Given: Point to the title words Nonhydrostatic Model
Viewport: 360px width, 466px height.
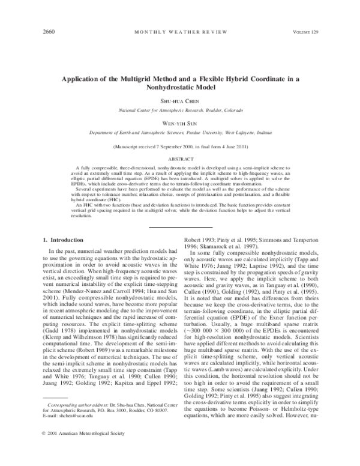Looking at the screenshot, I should [x=180, y=87].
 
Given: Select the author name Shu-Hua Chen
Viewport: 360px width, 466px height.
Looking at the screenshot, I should [x=180, y=101].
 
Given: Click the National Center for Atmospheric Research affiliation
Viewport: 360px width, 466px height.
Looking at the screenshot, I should [x=180, y=111].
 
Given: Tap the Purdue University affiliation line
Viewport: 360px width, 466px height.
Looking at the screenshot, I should [x=180, y=133].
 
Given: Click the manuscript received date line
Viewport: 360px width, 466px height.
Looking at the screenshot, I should [x=180, y=147].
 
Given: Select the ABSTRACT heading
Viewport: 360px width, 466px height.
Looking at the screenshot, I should [x=180, y=159].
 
